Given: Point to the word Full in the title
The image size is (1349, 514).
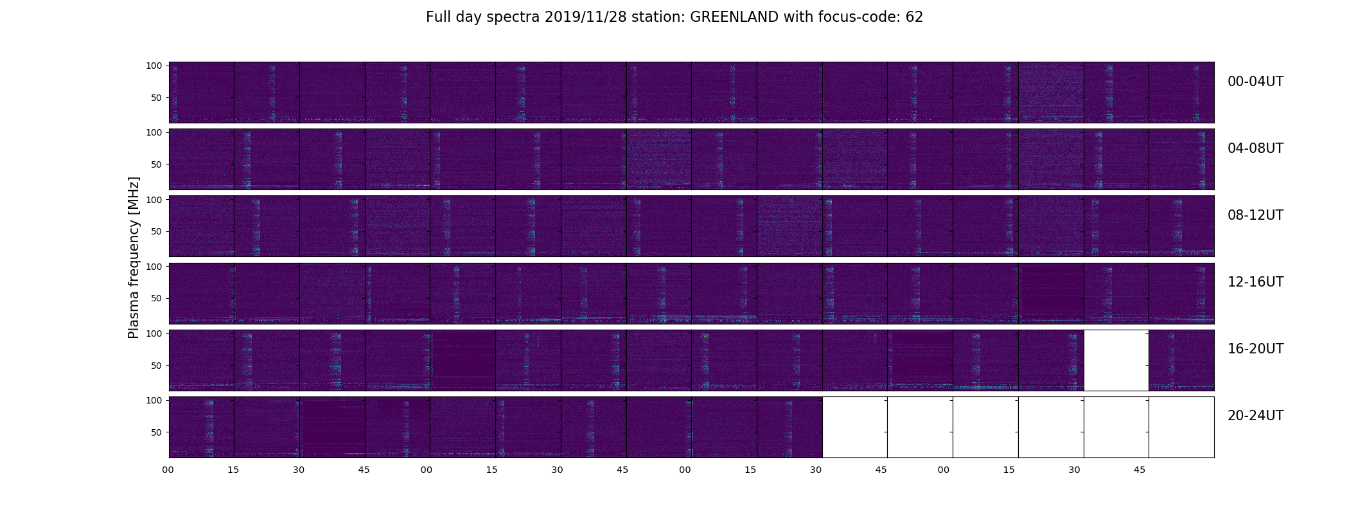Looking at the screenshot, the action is pyautogui.click(x=438, y=17).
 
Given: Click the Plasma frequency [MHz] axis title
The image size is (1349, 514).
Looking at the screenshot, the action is pyautogui.click(x=134, y=258).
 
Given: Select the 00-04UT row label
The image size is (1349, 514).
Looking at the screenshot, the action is pyautogui.click(x=1255, y=82).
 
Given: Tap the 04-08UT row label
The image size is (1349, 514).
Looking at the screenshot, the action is pyautogui.click(x=1255, y=148).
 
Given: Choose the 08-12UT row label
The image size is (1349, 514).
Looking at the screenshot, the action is pyautogui.click(x=1255, y=215).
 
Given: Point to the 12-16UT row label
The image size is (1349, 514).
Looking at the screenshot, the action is pyautogui.click(x=1255, y=282).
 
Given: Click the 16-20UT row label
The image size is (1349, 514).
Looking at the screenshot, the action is pyautogui.click(x=1255, y=349).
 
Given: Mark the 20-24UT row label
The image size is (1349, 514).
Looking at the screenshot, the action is pyautogui.click(x=1255, y=416).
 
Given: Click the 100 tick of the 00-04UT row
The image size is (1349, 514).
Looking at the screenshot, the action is pyautogui.click(x=154, y=66).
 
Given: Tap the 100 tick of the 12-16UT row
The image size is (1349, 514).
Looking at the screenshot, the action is pyautogui.click(x=154, y=266).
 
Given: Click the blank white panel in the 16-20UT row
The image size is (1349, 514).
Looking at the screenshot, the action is pyautogui.click(x=1116, y=360).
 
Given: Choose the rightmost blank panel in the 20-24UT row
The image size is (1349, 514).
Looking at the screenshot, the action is pyautogui.click(x=1181, y=427).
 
